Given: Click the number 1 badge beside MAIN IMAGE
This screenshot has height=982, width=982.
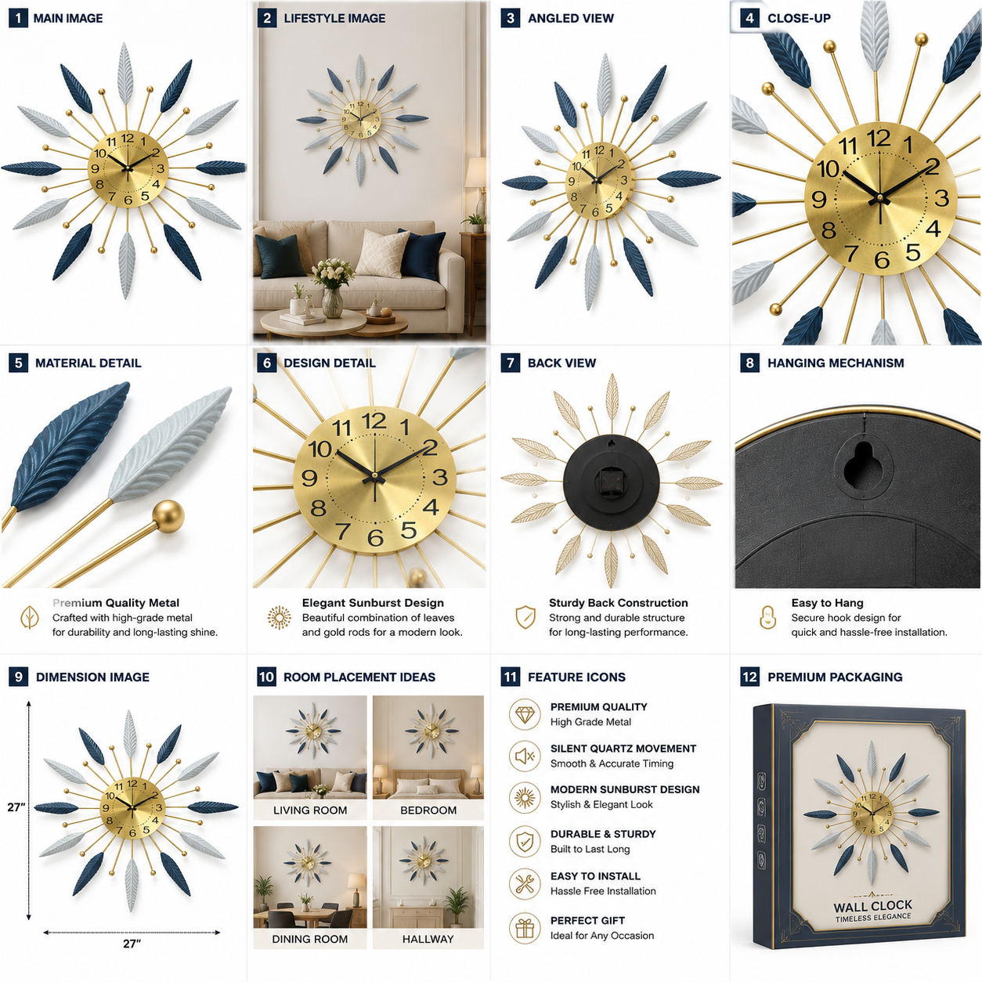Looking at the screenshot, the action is click(x=18, y=18).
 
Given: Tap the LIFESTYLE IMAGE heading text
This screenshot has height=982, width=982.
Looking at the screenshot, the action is click(x=334, y=18).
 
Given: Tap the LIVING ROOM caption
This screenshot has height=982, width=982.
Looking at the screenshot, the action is click(x=310, y=810).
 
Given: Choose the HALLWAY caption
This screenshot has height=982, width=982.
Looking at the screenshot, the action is click(x=428, y=939).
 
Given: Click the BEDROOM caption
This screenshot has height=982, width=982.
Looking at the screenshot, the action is click(x=428, y=810).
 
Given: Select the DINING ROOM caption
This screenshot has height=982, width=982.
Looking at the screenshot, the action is click(x=310, y=939).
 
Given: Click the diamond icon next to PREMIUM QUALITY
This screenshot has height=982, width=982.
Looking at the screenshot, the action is click(x=525, y=714).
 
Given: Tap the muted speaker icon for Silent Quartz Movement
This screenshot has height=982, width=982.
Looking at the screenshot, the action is click(x=525, y=756).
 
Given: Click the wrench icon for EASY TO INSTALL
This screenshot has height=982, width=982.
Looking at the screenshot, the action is click(x=525, y=883).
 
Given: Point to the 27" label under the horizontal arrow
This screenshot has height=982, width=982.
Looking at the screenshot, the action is click(x=132, y=944).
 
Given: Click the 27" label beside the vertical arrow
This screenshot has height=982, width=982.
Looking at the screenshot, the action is click(x=16, y=807).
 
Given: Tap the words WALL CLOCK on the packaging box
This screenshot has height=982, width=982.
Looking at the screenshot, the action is click(x=872, y=906).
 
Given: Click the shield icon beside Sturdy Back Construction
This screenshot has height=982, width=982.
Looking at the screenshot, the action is click(x=525, y=617).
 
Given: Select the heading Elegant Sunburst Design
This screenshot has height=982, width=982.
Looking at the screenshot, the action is click(x=373, y=603).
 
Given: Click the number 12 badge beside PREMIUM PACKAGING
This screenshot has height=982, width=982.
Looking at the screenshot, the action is click(x=749, y=677).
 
